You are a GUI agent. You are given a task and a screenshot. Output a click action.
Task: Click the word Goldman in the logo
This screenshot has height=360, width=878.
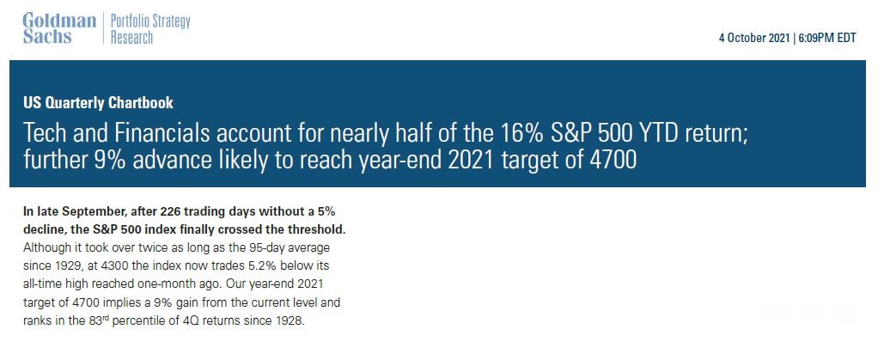point(60,21)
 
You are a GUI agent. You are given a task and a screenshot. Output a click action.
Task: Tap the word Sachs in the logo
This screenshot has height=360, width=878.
point(47,37)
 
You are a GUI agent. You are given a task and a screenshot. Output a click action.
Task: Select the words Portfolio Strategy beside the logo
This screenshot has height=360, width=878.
point(150,21)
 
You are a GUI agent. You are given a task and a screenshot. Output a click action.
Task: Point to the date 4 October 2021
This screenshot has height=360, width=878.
point(755,39)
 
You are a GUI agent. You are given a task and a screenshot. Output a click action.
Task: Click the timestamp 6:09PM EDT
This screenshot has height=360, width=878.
point(826,39)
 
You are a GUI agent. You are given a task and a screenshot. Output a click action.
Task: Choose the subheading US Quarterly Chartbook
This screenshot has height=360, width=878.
point(99,103)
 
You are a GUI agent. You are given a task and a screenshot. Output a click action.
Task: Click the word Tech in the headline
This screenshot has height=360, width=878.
point(44,134)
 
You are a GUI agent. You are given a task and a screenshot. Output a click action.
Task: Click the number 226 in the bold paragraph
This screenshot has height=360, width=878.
point(169,212)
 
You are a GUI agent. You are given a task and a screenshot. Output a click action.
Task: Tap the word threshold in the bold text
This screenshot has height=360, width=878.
point(318,230)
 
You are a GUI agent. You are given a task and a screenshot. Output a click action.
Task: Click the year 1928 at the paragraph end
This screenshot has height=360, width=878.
point(291,322)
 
